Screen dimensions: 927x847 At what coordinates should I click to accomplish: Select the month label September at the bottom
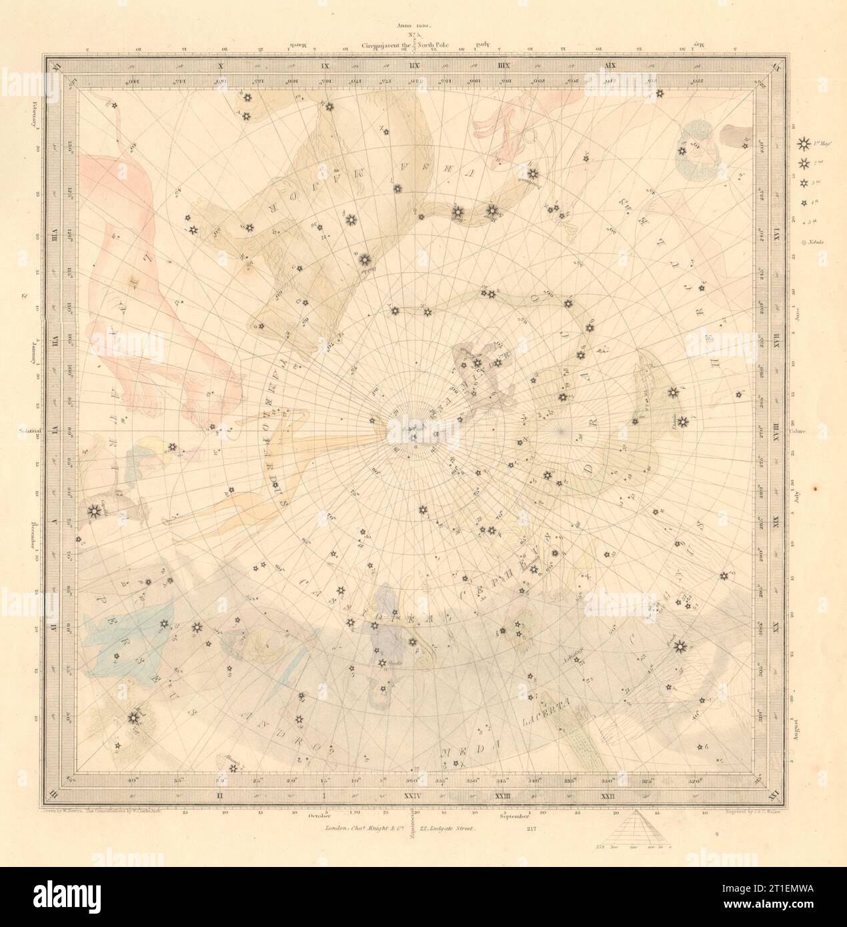(517, 815)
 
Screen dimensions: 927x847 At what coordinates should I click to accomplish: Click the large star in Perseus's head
(132, 718)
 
